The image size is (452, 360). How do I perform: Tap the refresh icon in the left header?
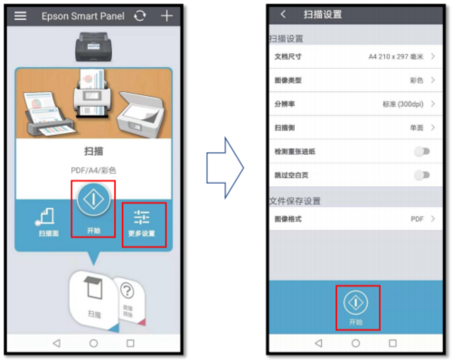(x=138, y=16)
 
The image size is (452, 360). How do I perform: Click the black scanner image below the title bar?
(x=93, y=45)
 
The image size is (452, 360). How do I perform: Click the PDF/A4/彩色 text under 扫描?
(x=93, y=169)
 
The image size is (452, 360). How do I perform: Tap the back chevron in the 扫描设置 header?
(x=283, y=14)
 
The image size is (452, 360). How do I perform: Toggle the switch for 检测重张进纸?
(x=420, y=152)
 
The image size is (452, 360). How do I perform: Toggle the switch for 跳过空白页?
(x=420, y=175)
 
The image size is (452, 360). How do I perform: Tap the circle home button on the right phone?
(x=354, y=344)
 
